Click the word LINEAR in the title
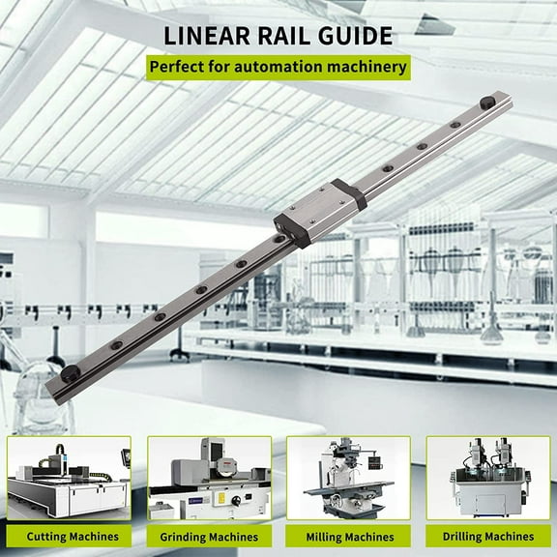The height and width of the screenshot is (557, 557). (208, 37)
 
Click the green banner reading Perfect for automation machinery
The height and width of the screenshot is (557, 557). (277, 69)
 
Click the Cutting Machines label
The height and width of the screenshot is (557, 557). (73, 536)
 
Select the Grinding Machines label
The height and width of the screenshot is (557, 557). (210, 537)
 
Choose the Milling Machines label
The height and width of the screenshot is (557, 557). (348, 537)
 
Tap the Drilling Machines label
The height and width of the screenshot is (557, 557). (488, 537)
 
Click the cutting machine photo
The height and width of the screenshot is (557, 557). (69, 480)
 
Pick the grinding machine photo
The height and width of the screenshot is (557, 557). (209, 480)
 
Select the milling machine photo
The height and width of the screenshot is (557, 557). (348, 480)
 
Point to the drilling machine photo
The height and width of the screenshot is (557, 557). (488, 480)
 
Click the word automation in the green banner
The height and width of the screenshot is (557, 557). (280, 69)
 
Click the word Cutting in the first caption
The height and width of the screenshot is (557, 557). (47, 536)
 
